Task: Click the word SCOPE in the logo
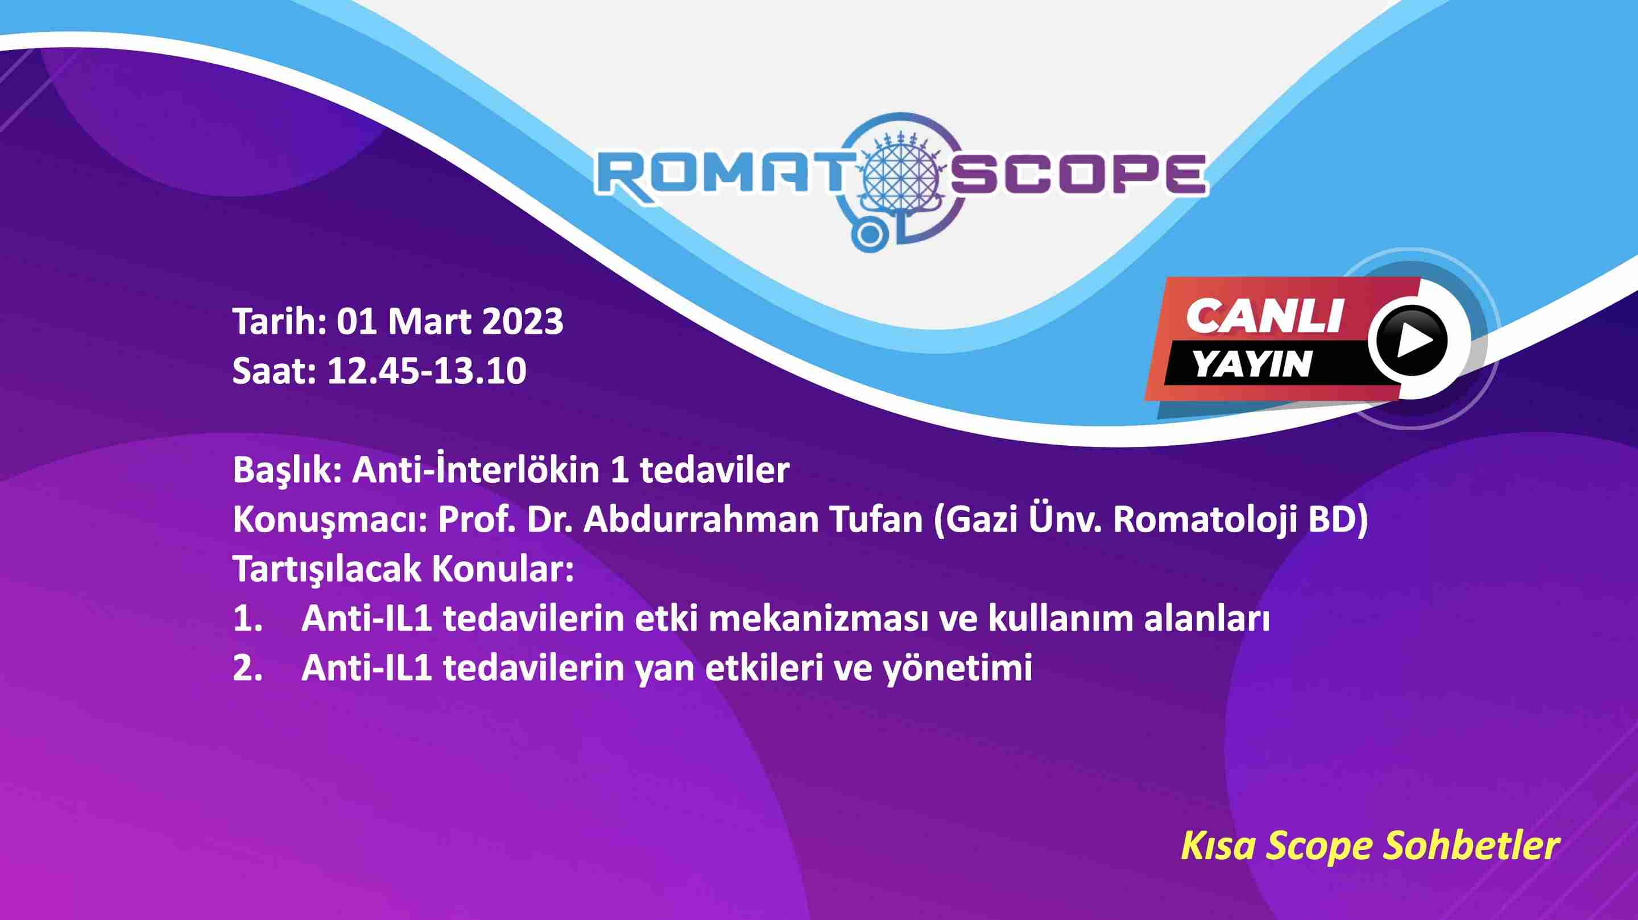tap(1079, 173)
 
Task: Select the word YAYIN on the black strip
tap(1252, 364)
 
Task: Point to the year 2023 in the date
tap(523, 321)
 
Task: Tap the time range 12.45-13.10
tap(427, 371)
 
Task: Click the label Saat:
tap(275, 371)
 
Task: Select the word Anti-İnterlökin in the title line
tap(475, 470)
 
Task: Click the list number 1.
tap(247, 619)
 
